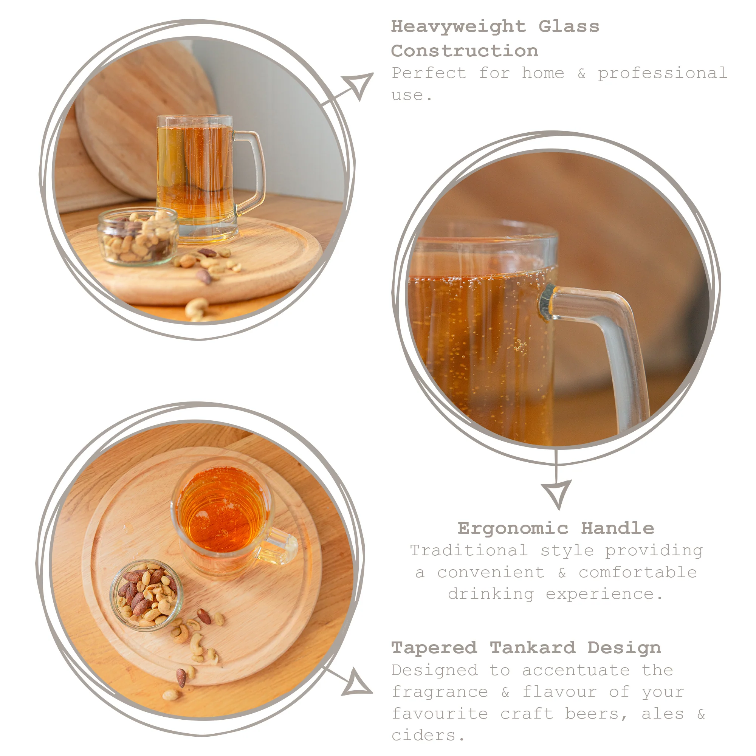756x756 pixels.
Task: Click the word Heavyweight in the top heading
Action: tap(458, 27)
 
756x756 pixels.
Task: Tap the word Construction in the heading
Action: tap(465, 51)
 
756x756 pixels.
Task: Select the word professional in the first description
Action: tap(662, 73)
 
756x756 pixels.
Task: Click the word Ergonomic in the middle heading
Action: tap(513, 529)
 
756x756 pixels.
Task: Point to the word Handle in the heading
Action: tap(617, 529)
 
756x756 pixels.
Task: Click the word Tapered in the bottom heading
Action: tap(434, 648)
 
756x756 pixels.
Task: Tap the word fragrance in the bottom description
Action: tap(440, 692)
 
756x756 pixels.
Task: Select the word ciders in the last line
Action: tap(424, 736)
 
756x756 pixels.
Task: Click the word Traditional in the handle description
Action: tap(469, 551)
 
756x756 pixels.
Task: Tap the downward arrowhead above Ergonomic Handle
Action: tap(556, 493)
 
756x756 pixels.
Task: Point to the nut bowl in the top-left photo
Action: tap(138, 236)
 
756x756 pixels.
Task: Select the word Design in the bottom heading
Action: tap(624, 648)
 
